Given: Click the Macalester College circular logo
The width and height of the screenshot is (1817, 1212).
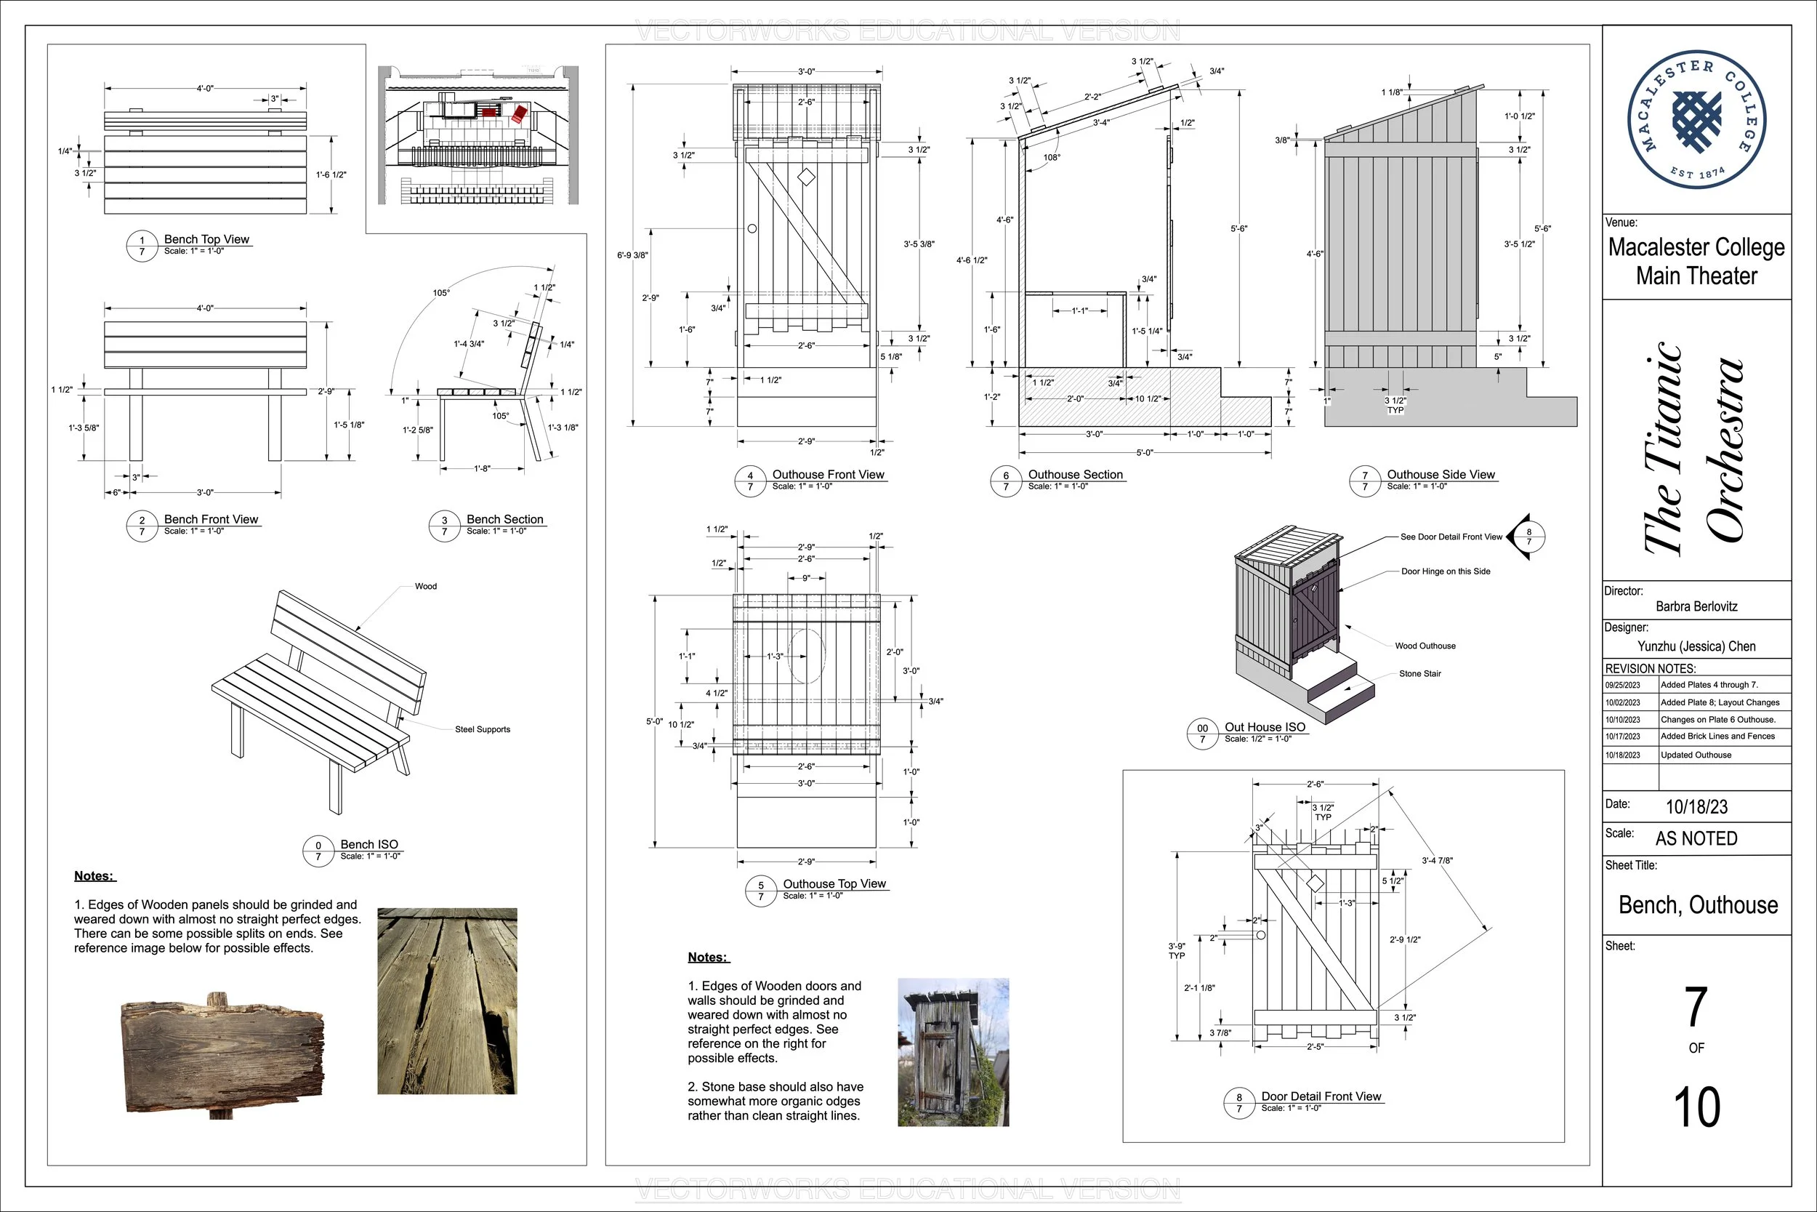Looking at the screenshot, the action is click(1696, 120).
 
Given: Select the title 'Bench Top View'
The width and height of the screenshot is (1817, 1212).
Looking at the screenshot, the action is click(206, 240).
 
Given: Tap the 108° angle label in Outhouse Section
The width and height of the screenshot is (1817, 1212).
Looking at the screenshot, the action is click(1052, 158).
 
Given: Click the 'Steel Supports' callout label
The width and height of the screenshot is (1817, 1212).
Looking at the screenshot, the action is click(482, 729).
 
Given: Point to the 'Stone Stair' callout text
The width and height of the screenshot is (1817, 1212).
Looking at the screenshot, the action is click(1420, 674).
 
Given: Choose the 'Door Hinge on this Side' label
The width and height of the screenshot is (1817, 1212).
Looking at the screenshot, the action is click(1446, 571).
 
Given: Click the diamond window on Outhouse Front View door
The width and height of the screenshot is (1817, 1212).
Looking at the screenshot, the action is click(806, 177).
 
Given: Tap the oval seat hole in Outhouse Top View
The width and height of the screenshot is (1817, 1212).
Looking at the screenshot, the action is click(806, 656).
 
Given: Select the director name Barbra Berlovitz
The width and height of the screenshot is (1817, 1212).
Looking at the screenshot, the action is click(1696, 607).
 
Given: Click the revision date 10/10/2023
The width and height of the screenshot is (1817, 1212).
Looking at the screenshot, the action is click(1622, 720).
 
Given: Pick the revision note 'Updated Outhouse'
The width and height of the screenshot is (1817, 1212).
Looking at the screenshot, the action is click(1696, 755).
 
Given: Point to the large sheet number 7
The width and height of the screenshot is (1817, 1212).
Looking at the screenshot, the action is click(1696, 1006).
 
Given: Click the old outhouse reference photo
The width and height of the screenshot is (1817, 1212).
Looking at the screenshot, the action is click(953, 1052).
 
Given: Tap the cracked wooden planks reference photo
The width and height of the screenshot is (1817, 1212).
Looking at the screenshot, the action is click(446, 1001).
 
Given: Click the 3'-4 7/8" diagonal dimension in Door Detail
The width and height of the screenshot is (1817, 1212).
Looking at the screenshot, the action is click(1437, 860).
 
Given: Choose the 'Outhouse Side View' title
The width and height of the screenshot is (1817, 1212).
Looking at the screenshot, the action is click(1441, 475).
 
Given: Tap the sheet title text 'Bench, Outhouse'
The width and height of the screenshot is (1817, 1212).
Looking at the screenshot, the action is click(1698, 905).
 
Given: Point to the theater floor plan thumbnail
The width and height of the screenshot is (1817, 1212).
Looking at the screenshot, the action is click(478, 136).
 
